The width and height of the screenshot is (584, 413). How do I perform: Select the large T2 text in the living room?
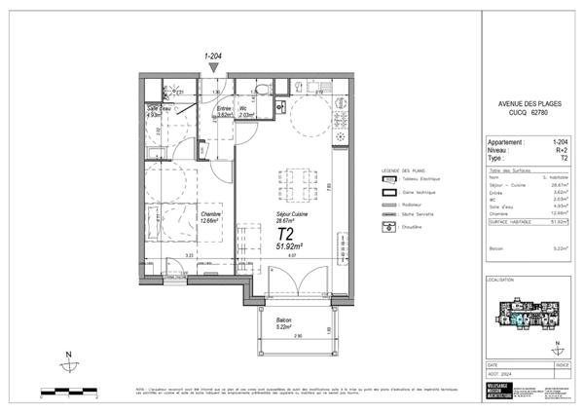286,234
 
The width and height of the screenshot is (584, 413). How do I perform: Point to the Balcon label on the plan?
284,320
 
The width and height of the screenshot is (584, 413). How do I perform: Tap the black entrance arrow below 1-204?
214,66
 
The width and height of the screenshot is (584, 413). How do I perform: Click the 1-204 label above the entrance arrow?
214,56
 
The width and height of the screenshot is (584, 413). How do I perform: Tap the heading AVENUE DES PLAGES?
526,103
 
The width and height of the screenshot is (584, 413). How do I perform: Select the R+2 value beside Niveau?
563,151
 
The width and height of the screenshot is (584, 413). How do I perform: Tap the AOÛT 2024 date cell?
500,372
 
